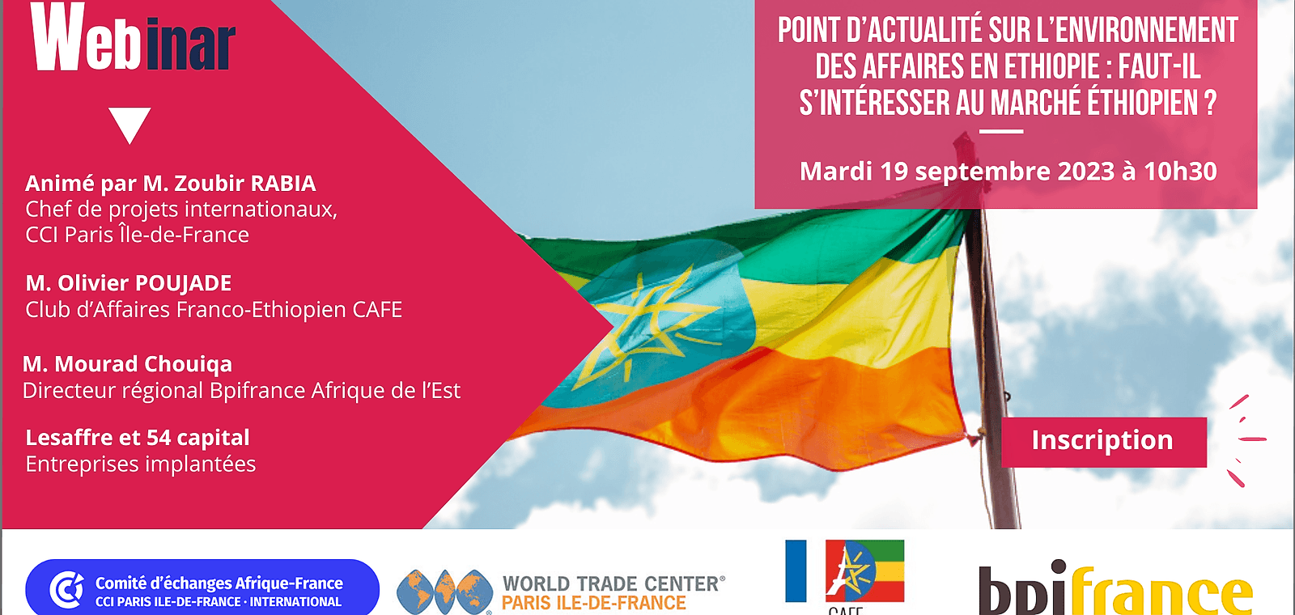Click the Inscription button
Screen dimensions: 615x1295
pos(1103,441)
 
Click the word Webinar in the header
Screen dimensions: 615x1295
pos(134,39)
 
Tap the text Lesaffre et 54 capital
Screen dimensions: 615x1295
pos(138,438)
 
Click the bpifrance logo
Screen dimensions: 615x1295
pos(1115,589)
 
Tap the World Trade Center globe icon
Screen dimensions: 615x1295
pos(444,592)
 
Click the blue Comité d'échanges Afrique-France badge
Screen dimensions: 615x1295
pos(202,589)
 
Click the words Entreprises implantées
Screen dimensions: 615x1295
pos(141,464)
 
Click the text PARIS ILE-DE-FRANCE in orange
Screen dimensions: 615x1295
pos(594,603)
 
